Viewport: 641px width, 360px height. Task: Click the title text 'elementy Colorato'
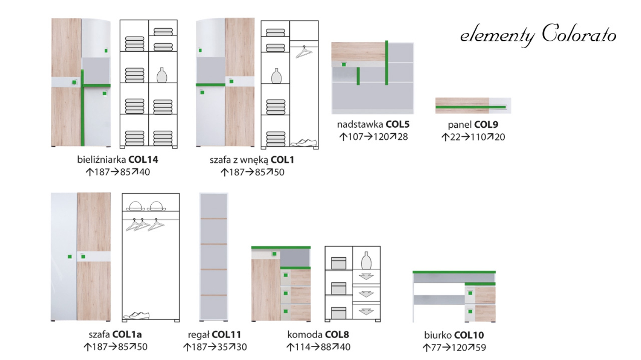coord(538,35)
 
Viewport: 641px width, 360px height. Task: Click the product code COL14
coord(143,159)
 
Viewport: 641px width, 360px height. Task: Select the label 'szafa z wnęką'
coord(239,160)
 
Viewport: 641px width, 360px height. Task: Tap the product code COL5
coord(397,124)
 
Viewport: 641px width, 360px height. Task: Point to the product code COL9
coord(486,125)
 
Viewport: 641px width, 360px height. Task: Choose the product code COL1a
coord(127,334)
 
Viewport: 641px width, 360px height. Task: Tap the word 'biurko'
coord(438,335)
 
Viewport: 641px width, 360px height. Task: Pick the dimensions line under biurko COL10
coord(454,348)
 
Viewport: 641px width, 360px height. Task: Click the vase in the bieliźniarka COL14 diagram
coord(162,75)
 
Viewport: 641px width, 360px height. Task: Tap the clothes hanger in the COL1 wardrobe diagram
coord(303,52)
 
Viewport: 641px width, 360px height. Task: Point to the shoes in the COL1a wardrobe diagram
coord(136,316)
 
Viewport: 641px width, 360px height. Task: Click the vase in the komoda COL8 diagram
coord(366,260)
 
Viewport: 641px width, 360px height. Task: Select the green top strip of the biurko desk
coord(454,272)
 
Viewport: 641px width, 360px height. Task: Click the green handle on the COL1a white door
coord(70,257)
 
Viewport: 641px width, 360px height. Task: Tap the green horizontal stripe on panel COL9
coord(471,107)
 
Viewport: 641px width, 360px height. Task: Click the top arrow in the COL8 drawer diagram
coord(366,277)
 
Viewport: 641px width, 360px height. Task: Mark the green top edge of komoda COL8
coord(281,247)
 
